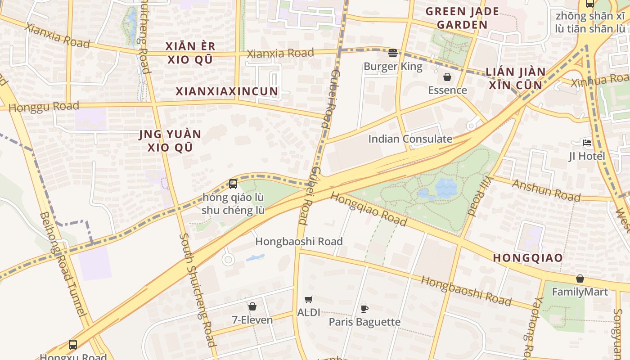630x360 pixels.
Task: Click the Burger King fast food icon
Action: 392,53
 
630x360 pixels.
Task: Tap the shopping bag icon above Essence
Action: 447,77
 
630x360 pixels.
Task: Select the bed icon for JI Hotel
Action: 587,143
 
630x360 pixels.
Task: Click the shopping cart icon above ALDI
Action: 309,299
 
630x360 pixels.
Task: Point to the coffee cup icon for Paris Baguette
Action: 364,309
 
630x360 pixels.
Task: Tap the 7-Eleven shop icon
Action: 252,306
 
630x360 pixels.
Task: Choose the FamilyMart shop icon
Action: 580,279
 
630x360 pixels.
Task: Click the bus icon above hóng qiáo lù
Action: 233,184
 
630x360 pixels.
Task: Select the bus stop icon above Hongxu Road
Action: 73,345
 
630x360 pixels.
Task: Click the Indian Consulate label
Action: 410,139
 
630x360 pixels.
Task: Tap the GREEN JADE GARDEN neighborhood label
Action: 462,18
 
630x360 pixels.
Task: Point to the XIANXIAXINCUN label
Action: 227,91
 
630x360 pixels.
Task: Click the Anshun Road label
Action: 546,190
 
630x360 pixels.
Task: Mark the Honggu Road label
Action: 44,107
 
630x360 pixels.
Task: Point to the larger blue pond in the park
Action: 445,187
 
